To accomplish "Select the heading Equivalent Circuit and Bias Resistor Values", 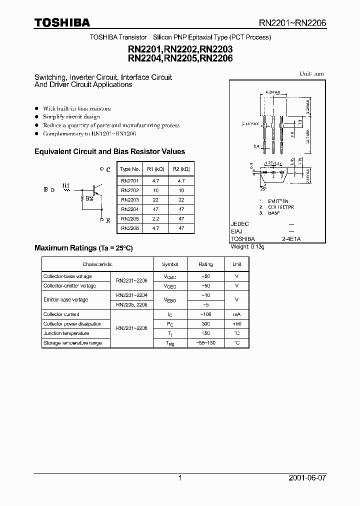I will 109,151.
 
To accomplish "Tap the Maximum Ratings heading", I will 83,248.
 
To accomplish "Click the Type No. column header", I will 130,169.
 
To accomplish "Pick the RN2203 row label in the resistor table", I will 130,199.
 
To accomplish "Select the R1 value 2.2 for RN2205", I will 156,218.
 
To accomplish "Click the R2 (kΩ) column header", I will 181,169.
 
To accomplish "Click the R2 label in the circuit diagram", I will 89,198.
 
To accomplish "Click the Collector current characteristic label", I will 61,314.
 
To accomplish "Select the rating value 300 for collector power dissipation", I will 205,324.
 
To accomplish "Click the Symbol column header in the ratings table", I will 170,264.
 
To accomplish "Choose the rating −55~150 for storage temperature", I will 205,343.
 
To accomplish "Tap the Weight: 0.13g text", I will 246,246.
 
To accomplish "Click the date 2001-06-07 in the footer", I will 307,478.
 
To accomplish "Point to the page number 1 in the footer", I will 180,478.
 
